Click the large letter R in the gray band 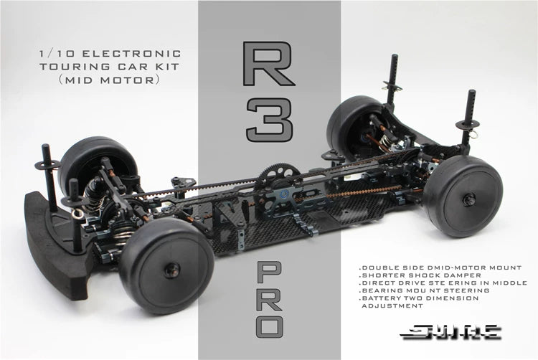[x=268, y=65]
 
